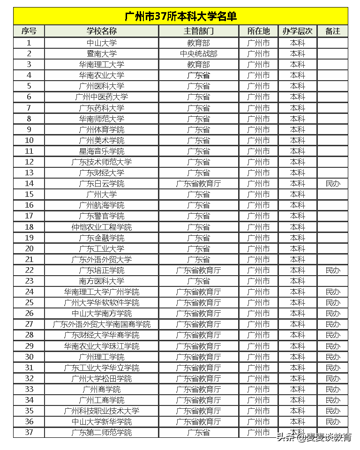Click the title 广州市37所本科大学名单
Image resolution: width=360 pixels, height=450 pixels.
point(180,16)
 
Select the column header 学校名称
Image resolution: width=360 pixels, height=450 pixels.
point(102,31)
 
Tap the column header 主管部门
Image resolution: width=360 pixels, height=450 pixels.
point(198,31)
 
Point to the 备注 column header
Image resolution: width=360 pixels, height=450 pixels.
point(332,31)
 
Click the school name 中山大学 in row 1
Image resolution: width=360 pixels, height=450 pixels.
point(102,43)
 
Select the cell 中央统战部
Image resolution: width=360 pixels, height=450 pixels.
point(198,54)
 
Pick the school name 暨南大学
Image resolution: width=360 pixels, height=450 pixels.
point(102,54)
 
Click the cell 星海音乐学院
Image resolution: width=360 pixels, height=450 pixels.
point(102,151)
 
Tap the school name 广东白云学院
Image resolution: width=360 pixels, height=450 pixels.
point(102,184)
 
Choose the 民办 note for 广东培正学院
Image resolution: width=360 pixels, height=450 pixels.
point(332,270)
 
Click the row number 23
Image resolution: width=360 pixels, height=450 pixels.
point(29,281)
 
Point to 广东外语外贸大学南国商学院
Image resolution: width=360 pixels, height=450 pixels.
point(102,324)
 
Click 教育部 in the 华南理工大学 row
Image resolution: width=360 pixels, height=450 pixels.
point(198,65)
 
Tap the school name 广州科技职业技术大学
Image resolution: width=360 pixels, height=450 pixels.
point(102,411)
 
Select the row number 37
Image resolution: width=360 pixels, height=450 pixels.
point(29,433)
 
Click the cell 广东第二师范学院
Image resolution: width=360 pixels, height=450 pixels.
point(102,433)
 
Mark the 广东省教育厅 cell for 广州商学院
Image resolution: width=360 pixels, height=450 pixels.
point(198,390)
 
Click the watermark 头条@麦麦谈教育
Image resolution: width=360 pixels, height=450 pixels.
point(314,438)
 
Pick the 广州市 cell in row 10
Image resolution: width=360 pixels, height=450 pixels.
point(258,141)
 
